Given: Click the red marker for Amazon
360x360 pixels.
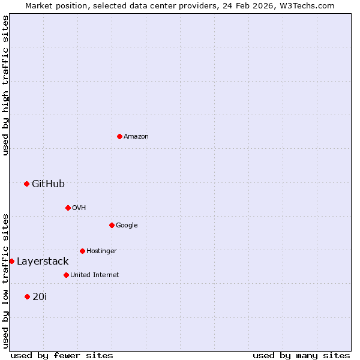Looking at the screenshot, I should click(x=119, y=136).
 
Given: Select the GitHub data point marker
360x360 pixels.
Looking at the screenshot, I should click(x=26, y=184).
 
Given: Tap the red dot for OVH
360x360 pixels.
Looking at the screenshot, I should click(x=68, y=208).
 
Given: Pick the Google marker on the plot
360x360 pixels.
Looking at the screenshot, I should click(x=112, y=225).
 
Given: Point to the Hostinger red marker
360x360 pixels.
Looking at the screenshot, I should click(x=82, y=251).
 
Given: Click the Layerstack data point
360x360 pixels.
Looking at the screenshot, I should click(x=11, y=261).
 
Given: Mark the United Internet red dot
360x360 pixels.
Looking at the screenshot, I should click(x=66, y=275).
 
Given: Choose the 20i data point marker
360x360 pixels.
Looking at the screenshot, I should click(x=27, y=296).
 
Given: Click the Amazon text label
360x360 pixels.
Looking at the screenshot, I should click(x=136, y=137).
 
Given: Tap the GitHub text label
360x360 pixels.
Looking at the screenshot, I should click(x=48, y=184).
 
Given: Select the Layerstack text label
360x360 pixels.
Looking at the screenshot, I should click(x=43, y=262).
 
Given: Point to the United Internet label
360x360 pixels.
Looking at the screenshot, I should click(x=94, y=275).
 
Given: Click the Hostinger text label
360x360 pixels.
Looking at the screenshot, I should click(x=101, y=251).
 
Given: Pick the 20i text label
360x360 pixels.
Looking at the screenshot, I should click(x=40, y=296).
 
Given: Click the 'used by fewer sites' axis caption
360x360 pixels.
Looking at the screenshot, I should click(x=62, y=355).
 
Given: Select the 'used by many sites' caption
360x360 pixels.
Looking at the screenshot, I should click(x=301, y=355).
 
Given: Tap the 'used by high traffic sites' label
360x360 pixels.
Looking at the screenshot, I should click(x=5, y=85).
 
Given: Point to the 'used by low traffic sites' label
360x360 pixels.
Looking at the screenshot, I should click(x=5, y=280).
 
